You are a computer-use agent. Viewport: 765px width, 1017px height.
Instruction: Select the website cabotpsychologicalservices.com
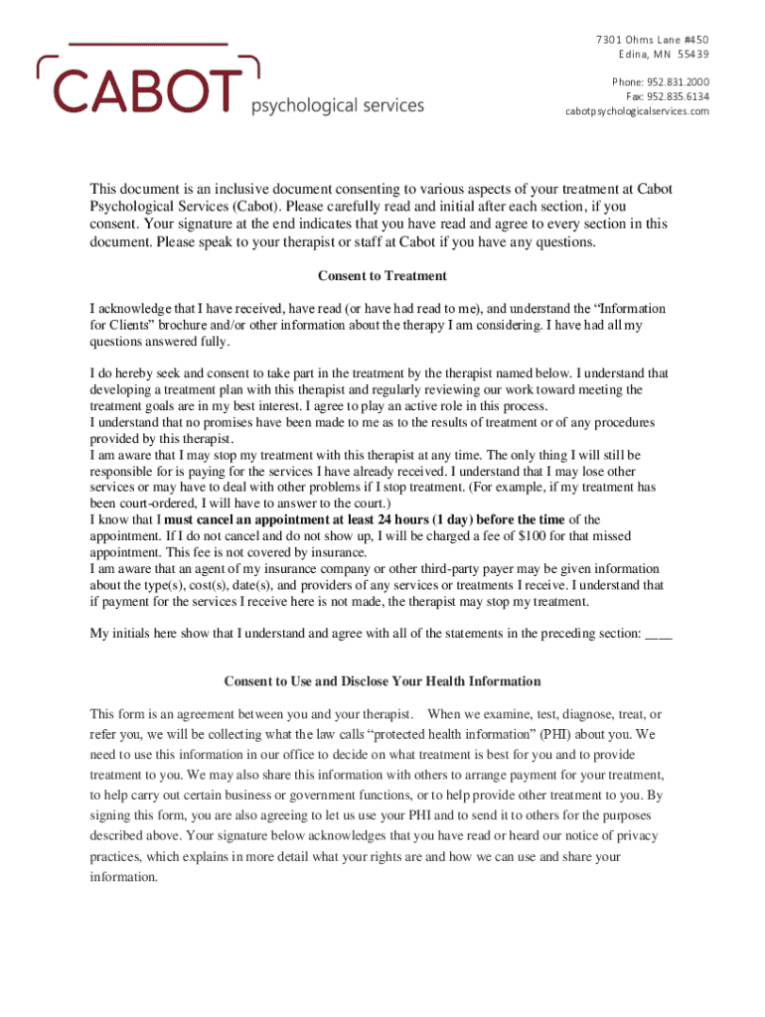(638, 111)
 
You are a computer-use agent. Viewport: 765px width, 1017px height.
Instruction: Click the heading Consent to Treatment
(382, 276)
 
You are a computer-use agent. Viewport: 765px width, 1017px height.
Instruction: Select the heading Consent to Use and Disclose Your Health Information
(382, 681)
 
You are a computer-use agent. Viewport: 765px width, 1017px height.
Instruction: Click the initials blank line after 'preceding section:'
(659, 634)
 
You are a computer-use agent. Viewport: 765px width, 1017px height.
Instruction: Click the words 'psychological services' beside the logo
(337, 105)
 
